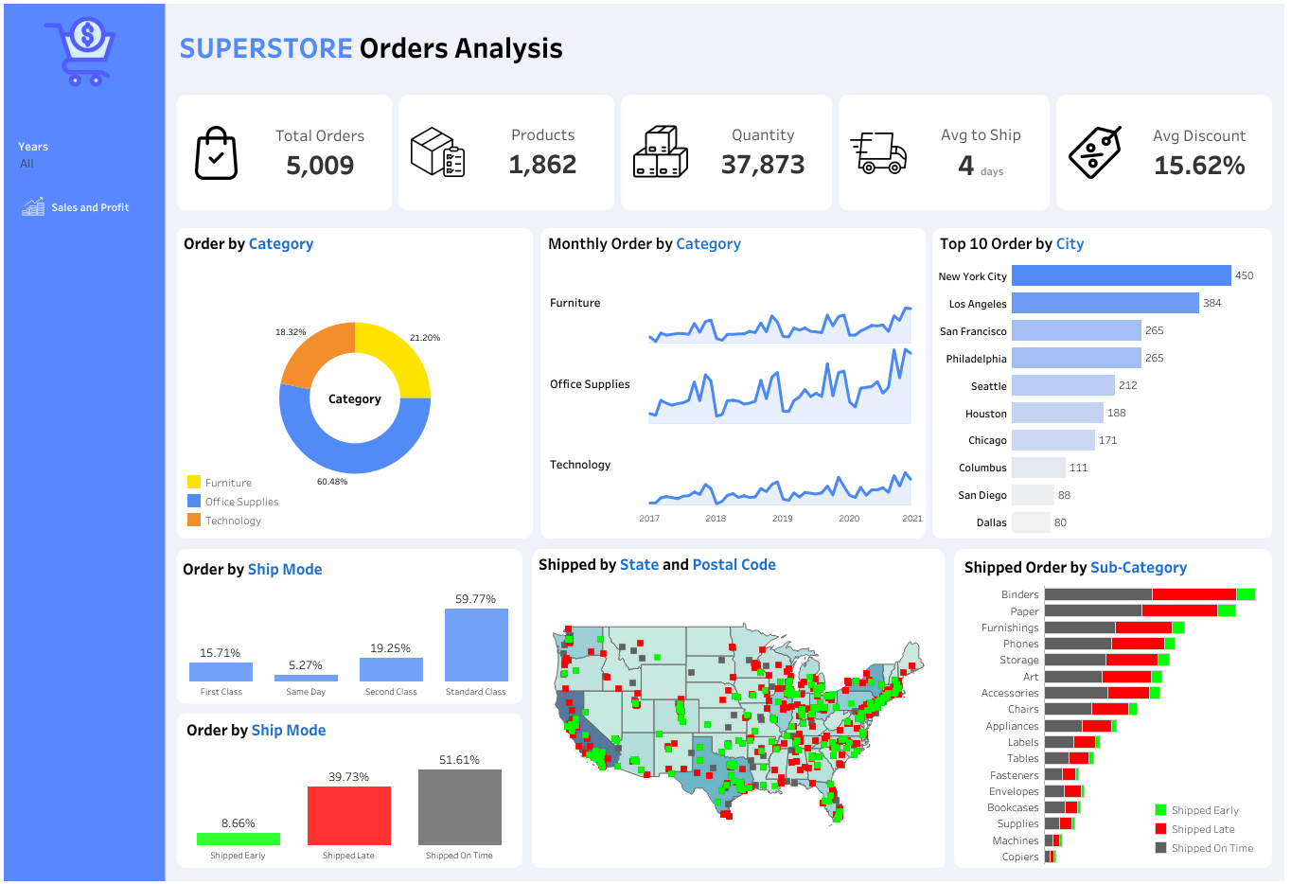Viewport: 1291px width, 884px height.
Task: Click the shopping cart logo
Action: (80, 52)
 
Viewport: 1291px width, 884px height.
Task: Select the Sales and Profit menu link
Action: (89, 207)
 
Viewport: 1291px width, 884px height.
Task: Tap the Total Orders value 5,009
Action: (320, 166)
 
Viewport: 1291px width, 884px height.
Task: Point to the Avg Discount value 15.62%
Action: (1199, 166)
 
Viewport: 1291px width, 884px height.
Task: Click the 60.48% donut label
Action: (332, 482)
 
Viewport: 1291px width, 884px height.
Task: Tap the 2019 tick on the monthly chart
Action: (782, 519)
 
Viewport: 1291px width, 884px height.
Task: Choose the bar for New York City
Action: (1121, 275)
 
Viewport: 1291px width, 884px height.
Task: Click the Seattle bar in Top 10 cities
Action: (1063, 385)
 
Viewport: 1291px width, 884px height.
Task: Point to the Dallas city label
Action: (991, 522)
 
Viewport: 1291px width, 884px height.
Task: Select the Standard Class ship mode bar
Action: (476, 645)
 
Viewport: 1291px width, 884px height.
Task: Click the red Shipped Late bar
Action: (348, 816)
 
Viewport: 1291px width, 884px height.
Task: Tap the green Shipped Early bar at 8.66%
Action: (238, 839)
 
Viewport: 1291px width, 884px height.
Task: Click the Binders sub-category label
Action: (1019, 594)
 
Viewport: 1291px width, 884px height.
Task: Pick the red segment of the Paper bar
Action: (1179, 610)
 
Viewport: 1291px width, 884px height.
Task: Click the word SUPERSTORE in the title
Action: (266, 48)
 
